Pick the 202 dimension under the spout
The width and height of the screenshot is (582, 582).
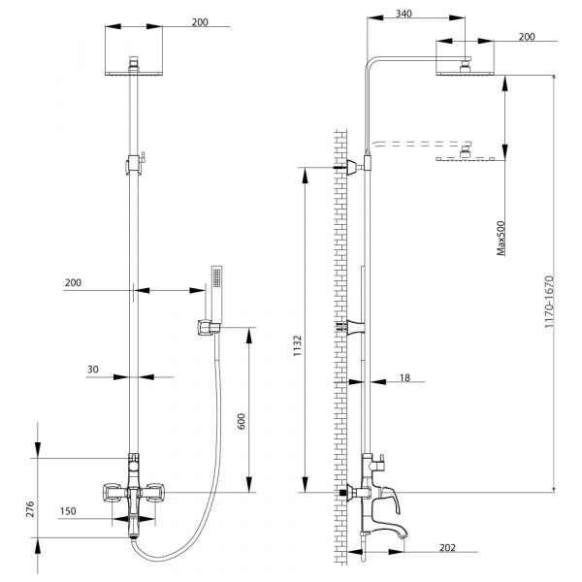[447, 548]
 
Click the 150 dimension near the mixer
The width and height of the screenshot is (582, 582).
[69, 510]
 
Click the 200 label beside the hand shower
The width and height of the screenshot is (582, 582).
[73, 282]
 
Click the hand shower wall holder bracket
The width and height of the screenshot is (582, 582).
[206, 328]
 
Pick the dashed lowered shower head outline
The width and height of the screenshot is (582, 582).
[469, 158]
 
